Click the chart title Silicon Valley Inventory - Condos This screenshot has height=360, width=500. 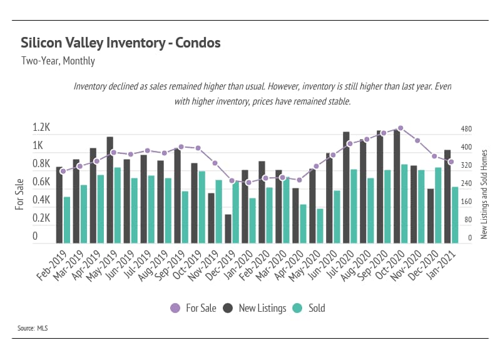point(121,43)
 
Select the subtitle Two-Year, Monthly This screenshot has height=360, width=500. point(58,61)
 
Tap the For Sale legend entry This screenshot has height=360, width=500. point(193,308)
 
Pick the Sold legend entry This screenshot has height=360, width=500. point(310,308)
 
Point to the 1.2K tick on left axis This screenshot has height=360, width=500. point(41,127)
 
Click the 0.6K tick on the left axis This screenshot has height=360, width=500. point(41,182)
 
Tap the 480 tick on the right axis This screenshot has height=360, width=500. point(466,129)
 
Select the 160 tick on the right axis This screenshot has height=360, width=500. point(466,202)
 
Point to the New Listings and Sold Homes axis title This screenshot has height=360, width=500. point(484,194)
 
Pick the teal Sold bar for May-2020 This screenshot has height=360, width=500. point(320,225)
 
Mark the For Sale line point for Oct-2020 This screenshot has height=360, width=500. point(401,128)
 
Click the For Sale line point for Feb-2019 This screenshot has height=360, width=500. point(63,171)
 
